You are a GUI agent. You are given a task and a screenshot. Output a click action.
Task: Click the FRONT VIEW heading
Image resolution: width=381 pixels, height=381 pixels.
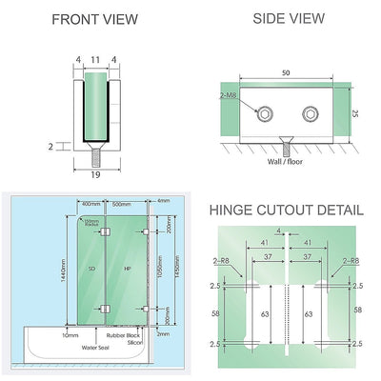tap(94, 19)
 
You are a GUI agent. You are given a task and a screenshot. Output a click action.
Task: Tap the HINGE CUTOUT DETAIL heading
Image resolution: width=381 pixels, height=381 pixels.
tap(286, 210)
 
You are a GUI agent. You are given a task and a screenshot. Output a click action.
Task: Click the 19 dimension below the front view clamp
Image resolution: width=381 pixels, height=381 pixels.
tap(92, 176)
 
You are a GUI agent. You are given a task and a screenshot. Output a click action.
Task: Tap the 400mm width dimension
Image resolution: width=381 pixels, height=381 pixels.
tap(90, 204)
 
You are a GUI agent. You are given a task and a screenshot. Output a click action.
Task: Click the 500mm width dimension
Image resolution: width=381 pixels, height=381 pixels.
tap(121, 204)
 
